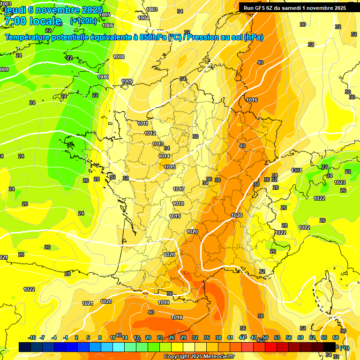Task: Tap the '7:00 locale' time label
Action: tap(32, 21)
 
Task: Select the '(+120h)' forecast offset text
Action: tap(83, 21)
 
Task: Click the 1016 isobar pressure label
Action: tap(252, 100)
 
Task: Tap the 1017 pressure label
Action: tap(179, 189)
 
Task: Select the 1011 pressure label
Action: tap(143, 124)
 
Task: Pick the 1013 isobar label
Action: tap(158, 144)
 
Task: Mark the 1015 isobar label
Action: tap(170, 167)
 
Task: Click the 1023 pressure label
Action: tap(340, 183)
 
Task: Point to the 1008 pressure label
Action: tap(119, 57)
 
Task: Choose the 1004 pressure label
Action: tap(144, 18)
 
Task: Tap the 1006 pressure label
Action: tap(108, 25)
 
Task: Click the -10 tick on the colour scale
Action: tap(32, 337)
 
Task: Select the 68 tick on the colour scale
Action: tap(336, 337)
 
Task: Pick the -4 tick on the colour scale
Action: tap(54, 337)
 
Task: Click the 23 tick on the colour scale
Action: tap(160, 337)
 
